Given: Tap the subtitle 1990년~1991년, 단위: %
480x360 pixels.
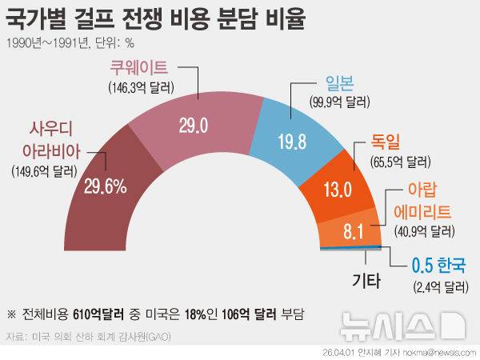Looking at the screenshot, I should tap(70, 43).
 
